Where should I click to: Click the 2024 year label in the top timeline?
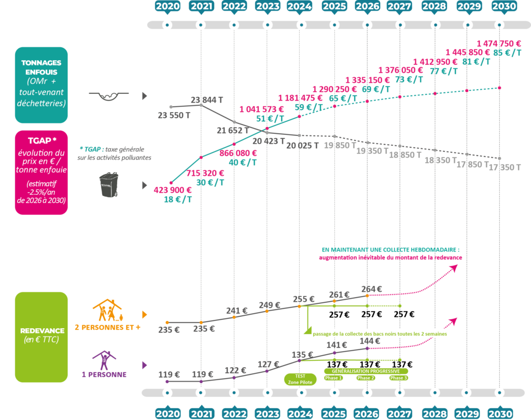point(300,7)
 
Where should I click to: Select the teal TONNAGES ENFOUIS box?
point(41,85)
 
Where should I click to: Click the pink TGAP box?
point(41,172)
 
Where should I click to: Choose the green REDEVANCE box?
point(41,337)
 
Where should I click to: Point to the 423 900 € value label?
point(173,190)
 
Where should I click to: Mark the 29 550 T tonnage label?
point(174,116)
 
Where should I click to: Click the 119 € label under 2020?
point(169,374)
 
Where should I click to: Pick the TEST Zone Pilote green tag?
point(300,379)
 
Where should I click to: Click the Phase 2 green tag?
point(366,377)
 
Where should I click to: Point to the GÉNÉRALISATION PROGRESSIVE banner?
point(366,371)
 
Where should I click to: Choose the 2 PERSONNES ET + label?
point(108,328)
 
